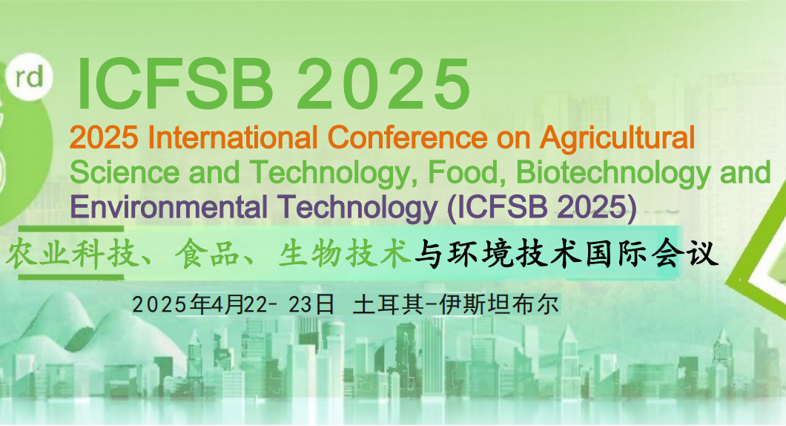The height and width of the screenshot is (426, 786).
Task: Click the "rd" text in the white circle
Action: [29, 78]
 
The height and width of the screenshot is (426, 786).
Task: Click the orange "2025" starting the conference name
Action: [104, 137]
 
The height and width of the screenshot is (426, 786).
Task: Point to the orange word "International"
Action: [233, 137]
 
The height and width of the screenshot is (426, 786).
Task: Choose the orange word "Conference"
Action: [409, 137]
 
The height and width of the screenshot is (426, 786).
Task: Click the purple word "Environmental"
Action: [168, 207]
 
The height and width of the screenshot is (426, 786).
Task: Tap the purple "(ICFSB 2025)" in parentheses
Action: [542, 208]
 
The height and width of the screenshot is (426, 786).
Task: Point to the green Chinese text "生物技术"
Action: [345, 254]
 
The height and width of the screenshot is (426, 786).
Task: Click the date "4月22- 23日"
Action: [273, 304]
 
